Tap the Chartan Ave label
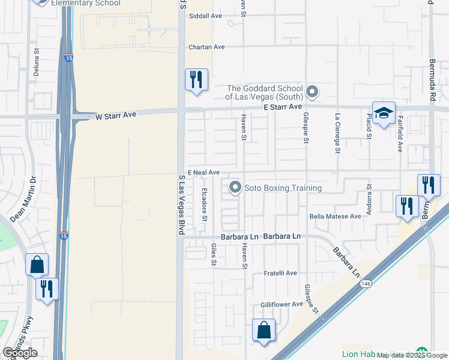pyautogui.click(x=206, y=47)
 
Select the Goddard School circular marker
pyautogui.click(x=312, y=92)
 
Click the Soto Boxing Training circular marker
pyautogui.click(x=235, y=188)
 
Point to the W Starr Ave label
pyautogui.click(x=116, y=115)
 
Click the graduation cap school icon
pyautogui.click(x=384, y=113)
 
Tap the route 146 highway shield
pyautogui.click(x=366, y=283)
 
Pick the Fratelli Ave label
pyautogui.click(x=281, y=273)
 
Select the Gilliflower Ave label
pyautogui.click(x=282, y=304)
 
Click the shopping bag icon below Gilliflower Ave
pyautogui.click(x=264, y=330)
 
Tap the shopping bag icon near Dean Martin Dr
pyautogui.click(x=37, y=264)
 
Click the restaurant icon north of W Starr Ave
pyautogui.click(x=196, y=79)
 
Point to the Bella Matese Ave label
pyautogui.click(x=335, y=216)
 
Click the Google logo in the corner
pyautogui.click(x=20, y=353)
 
